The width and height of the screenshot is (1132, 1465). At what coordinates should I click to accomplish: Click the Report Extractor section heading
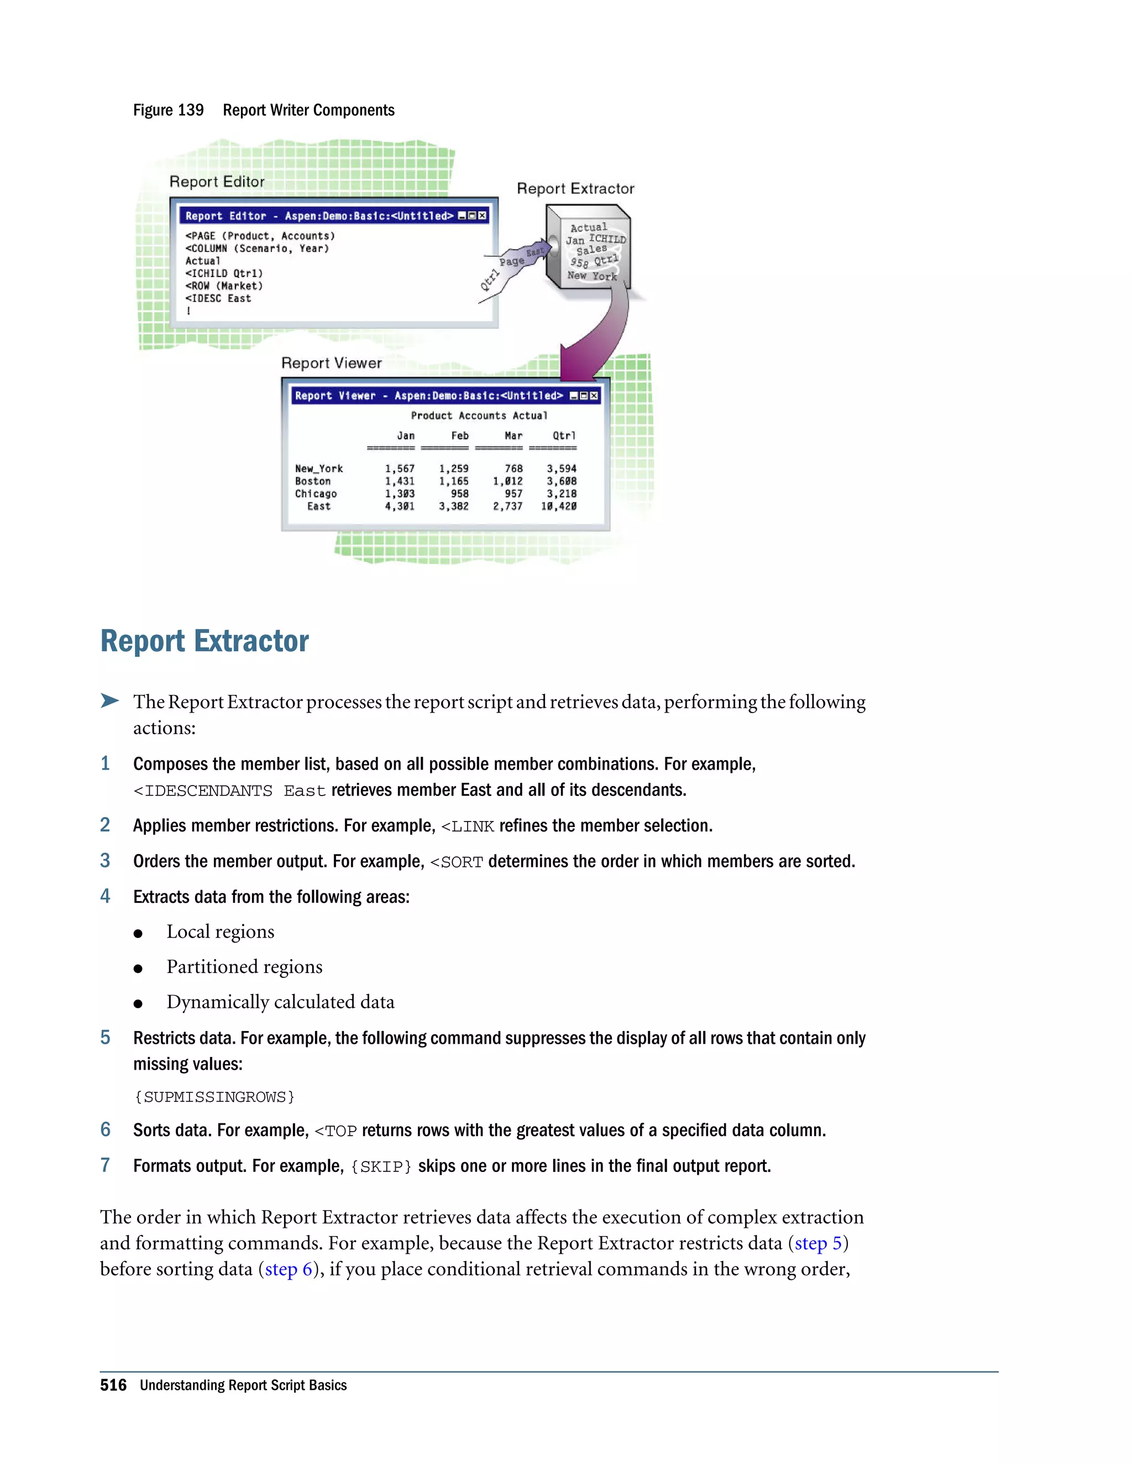[x=205, y=641]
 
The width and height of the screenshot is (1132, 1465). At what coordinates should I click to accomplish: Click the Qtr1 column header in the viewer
[x=564, y=435]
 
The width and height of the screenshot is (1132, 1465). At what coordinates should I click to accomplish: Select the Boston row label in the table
[x=312, y=481]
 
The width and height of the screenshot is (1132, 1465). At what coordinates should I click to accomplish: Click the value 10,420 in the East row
[x=559, y=506]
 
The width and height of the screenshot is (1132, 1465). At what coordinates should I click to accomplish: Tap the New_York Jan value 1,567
[x=400, y=468]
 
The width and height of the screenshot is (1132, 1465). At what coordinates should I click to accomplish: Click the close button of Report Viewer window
[x=594, y=396]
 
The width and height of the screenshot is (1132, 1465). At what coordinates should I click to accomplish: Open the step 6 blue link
[x=289, y=1269]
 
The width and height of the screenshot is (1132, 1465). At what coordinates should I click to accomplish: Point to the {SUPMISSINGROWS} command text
[x=214, y=1097]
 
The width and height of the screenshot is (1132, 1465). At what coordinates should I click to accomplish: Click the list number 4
[x=105, y=896]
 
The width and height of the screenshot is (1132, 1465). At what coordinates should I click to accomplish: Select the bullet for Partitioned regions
[x=138, y=968]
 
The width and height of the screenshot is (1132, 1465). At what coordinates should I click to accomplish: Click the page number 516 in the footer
[x=113, y=1385]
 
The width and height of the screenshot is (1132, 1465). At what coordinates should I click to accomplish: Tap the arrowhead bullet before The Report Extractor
[x=109, y=701]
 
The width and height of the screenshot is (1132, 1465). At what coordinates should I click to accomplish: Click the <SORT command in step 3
[x=457, y=862]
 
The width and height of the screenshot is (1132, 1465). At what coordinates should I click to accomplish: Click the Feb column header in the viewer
[x=460, y=435]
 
